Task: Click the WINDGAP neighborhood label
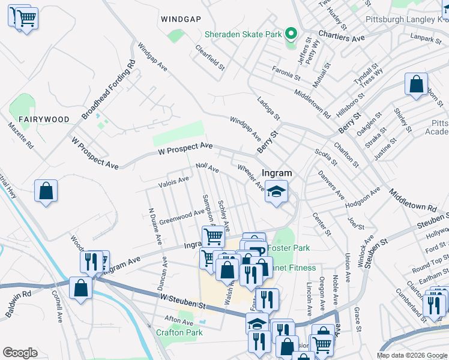click(181, 19)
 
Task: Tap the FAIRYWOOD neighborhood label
click(44, 119)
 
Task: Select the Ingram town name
click(277, 173)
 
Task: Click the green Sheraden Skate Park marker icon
click(291, 33)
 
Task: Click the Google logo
click(20, 352)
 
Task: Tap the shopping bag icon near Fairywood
click(46, 191)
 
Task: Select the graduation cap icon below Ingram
click(276, 192)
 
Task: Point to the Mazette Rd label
click(20, 136)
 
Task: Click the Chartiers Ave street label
click(342, 37)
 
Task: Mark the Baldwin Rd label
click(16, 294)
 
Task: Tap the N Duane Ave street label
click(154, 226)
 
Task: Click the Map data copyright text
click(412, 355)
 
